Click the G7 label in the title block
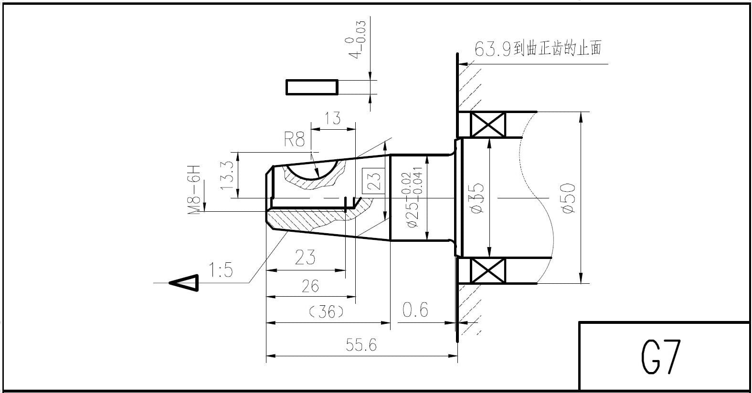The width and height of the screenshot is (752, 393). [661, 357]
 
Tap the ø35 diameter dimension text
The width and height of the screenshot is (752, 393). [477, 198]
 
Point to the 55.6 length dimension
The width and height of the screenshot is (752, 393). [361, 345]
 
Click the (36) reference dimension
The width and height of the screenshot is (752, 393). [326, 312]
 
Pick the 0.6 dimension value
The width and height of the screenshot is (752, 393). [415, 310]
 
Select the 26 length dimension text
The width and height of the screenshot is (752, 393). [310, 286]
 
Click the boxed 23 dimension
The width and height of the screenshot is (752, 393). [374, 181]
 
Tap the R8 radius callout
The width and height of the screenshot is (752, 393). [295, 139]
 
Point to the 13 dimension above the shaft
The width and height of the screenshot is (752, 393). [333, 118]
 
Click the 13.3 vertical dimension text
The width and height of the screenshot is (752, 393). [227, 175]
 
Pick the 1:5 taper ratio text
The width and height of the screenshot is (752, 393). [221, 270]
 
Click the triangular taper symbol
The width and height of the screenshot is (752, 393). [184, 283]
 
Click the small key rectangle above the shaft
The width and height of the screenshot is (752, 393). [312, 87]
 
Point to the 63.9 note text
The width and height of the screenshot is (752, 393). [538, 49]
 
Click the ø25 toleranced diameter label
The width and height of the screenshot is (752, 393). [412, 198]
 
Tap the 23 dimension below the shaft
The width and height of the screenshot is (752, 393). [305, 257]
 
